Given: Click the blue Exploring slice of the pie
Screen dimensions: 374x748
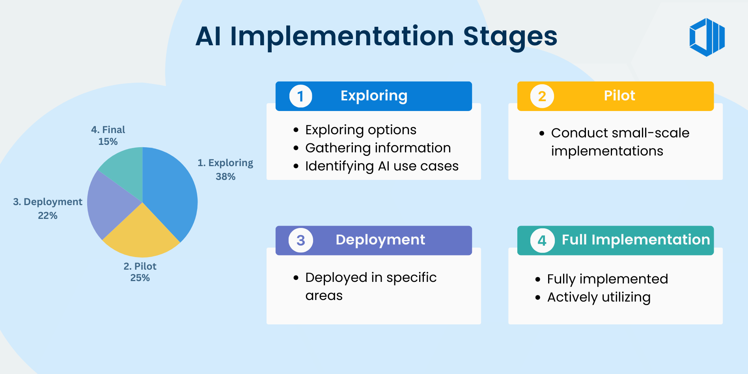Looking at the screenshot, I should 170,189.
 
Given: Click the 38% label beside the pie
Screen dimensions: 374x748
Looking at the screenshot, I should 226,177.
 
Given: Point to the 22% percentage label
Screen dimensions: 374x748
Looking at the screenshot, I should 48,216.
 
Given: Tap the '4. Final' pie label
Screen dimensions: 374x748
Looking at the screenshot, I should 108,130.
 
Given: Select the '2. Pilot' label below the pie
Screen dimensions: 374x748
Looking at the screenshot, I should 140,267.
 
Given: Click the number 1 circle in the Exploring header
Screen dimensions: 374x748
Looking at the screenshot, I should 300,96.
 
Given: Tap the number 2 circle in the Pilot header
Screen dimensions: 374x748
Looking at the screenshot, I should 542,96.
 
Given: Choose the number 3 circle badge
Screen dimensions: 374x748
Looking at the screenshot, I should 300,240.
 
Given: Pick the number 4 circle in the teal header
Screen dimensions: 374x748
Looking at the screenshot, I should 542,240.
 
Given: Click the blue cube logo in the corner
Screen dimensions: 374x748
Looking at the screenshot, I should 707,37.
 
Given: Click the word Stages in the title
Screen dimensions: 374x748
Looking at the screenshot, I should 510,37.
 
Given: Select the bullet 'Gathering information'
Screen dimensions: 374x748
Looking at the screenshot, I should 378,148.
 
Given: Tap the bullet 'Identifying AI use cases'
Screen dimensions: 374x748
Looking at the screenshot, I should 382,166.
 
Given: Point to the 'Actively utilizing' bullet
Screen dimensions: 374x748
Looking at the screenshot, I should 599,297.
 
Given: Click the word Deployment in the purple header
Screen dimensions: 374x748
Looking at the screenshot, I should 380,240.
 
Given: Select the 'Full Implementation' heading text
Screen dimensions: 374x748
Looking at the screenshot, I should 636,240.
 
